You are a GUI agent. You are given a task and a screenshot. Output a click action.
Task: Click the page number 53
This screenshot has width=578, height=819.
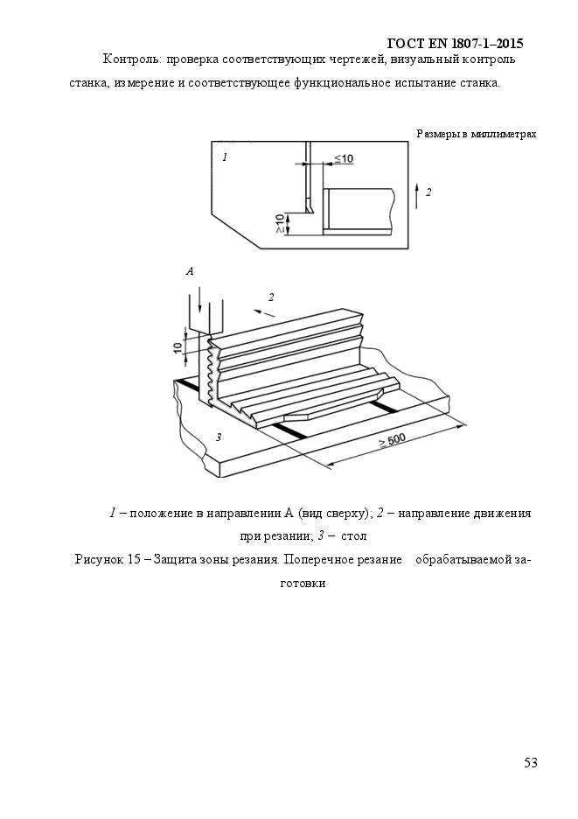(531, 763)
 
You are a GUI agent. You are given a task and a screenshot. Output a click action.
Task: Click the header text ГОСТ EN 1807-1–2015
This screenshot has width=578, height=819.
(456, 43)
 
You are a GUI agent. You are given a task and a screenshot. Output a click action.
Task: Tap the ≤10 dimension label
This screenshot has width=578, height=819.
(343, 157)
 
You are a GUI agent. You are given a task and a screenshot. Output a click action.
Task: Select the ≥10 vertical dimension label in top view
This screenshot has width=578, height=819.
(280, 223)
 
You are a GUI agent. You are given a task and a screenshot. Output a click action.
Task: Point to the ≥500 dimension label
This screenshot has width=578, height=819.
(392, 440)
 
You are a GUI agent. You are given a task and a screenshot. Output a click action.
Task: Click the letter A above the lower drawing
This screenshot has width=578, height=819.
(190, 271)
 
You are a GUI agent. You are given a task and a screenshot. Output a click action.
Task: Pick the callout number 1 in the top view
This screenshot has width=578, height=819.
(225, 157)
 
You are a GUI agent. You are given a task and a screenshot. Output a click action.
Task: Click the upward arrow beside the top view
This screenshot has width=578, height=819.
(416, 195)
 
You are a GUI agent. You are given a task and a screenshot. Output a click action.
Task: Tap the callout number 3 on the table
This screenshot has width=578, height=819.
(219, 437)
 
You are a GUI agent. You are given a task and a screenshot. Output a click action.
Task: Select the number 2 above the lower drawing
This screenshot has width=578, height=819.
(271, 297)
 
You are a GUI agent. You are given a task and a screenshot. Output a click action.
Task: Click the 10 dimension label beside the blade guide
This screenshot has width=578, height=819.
(178, 346)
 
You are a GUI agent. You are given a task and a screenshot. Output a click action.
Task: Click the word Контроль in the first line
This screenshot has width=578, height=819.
(133, 59)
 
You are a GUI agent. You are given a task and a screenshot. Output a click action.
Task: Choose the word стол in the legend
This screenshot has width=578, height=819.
(353, 536)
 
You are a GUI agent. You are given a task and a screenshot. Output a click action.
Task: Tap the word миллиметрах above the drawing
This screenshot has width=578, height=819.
(504, 134)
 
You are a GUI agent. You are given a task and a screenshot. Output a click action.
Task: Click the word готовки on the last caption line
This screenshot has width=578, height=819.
(303, 584)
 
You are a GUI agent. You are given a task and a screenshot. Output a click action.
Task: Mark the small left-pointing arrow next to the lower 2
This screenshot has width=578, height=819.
(265, 313)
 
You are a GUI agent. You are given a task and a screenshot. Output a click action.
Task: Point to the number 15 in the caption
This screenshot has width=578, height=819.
(134, 560)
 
